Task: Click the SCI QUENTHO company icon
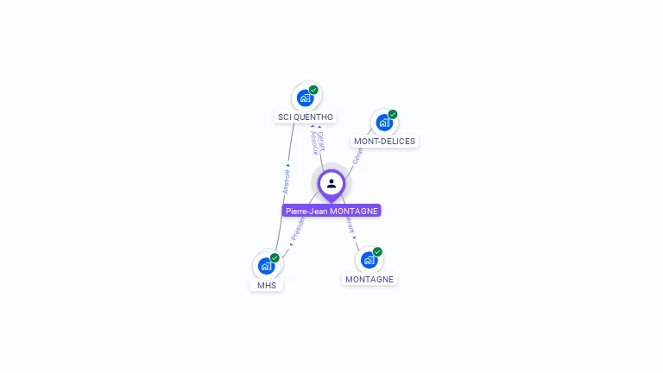point(305,98)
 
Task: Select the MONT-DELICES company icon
point(383,123)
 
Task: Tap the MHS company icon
point(266,266)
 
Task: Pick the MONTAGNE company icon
point(369,260)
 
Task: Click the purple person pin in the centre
point(331,184)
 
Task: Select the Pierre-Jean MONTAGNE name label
point(331,211)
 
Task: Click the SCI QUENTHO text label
point(305,117)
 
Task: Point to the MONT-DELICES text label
point(384,141)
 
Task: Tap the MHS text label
point(267,285)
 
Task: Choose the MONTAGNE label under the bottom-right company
point(369,279)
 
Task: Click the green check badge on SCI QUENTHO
point(313,90)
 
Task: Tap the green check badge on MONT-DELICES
point(393,114)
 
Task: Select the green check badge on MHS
point(275,257)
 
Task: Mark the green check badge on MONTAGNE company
point(377,252)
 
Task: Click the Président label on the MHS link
point(298,227)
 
